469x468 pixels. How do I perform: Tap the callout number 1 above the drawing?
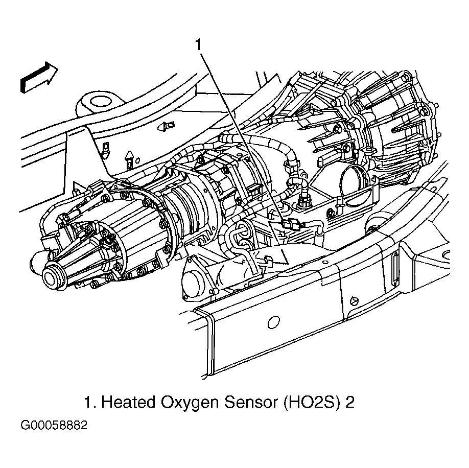198,45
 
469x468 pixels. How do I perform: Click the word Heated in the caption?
129,402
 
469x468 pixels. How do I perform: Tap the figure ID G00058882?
54,425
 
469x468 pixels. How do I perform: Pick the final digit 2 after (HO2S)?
350,402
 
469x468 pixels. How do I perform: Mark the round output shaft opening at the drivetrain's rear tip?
53,276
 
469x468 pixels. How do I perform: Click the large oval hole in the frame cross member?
273,322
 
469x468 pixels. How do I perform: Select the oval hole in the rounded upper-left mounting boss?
101,102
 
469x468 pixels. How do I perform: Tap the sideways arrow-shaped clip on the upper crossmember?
166,127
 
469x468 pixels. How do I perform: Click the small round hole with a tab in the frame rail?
354,300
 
